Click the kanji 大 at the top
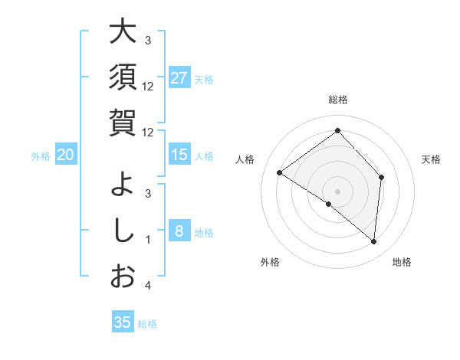122,32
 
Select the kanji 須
122,77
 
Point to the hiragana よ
122,185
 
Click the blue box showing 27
179,78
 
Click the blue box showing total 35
122,322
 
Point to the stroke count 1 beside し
148,240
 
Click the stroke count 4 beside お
148,286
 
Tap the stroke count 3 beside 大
148,40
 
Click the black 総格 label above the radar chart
337,100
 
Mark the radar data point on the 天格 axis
381,177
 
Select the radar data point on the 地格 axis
373,241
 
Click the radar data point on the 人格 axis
280,172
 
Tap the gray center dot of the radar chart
337,191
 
